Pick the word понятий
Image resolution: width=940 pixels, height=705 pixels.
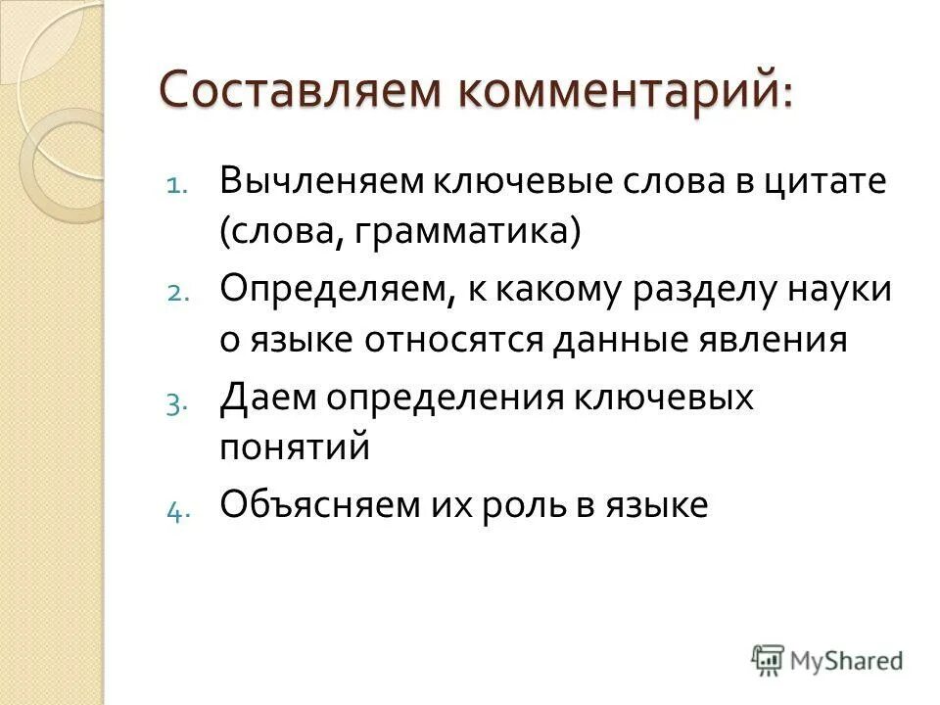point(295,447)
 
